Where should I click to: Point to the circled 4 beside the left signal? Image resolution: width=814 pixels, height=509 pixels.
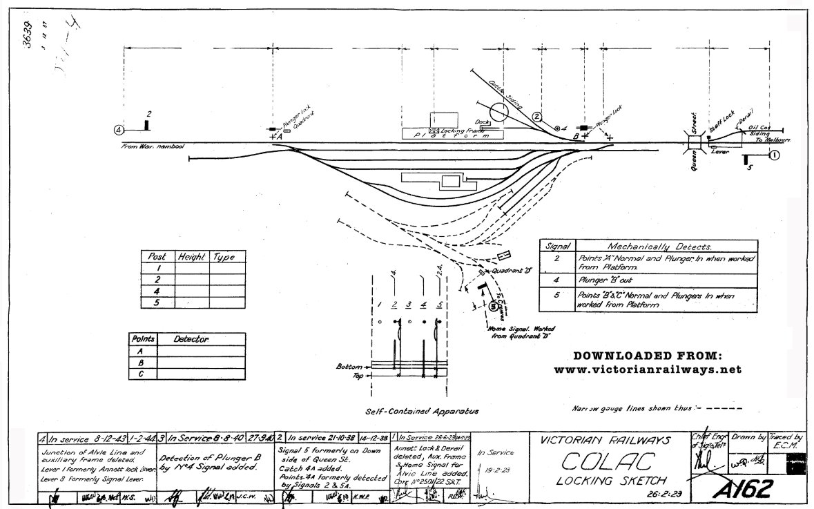pos(119,128)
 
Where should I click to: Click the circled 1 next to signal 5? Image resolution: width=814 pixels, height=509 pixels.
pos(774,155)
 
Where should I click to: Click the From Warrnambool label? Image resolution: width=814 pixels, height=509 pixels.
pos(153,146)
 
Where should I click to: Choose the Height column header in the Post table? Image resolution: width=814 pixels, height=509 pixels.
pos(191,257)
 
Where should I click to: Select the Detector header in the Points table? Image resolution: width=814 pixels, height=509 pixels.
pos(191,340)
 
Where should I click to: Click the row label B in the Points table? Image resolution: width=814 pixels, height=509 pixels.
pos(141,362)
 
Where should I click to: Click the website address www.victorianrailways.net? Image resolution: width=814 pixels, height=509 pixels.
pos(648,370)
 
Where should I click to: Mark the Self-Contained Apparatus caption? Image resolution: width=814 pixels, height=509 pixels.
pos(422,411)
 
